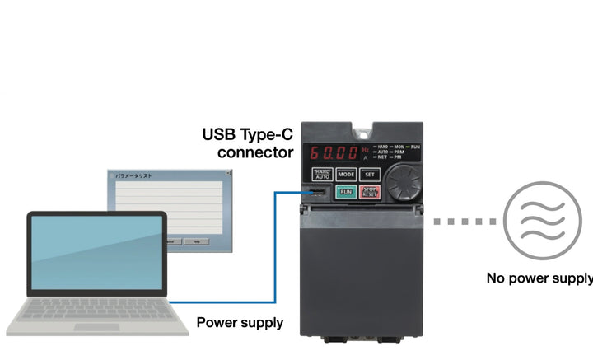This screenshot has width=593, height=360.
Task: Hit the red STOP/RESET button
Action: (370, 192)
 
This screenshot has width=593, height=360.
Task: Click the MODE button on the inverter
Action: (346, 174)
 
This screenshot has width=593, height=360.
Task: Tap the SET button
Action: (370, 174)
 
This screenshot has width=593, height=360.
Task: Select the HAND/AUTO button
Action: (322, 174)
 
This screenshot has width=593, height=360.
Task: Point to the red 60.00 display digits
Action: (334, 153)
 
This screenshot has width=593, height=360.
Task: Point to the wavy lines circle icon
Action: (536, 220)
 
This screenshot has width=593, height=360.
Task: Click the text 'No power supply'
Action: (539, 278)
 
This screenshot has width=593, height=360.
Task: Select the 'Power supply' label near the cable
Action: (240, 322)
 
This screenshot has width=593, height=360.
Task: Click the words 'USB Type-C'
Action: (248, 133)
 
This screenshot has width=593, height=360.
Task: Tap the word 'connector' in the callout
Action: (255, 152)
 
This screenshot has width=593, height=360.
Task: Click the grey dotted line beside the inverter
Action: (465, 221)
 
